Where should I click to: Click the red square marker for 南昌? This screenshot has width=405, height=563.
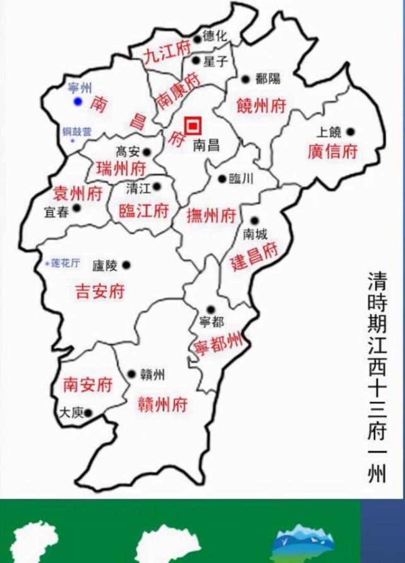click(192, 125)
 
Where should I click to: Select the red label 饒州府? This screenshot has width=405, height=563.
click(261, 106)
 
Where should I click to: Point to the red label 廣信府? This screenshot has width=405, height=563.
click(332, 152)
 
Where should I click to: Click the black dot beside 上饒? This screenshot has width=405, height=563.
click(351, 132)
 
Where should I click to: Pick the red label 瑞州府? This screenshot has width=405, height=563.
click(121, 169)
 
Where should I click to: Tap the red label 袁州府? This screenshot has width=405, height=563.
click(77, 193)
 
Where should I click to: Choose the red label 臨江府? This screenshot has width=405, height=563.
click(143, 211)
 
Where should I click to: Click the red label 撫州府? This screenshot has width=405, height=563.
click(212, 216)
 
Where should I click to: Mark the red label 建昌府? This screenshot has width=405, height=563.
click(254, 257)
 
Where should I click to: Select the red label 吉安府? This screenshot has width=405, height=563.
click(100, 291)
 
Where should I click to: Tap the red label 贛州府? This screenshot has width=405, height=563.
click(162, 404)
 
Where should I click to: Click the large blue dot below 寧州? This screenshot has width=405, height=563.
click(77, 101)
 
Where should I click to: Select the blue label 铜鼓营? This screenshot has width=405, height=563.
click(76, 132)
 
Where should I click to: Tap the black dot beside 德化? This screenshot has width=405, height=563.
click(197, 39)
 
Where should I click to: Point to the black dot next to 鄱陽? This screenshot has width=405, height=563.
click(246, 79)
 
